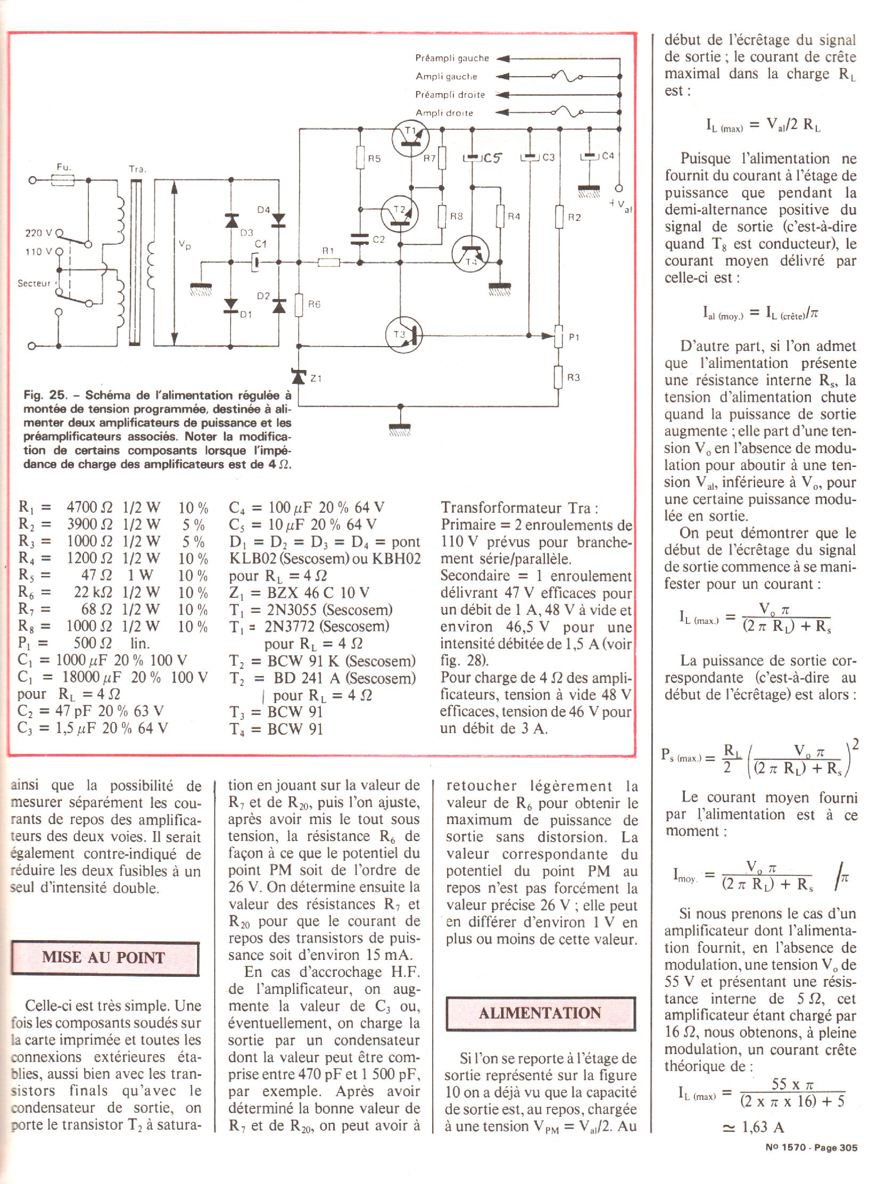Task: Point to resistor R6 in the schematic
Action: [299, 305]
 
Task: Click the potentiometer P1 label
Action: [574, 337]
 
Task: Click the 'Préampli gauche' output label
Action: [452, 59]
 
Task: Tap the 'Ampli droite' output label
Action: [444, 113]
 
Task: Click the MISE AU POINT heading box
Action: [105, 958]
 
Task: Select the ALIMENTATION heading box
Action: [540, 1013]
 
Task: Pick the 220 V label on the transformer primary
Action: [39, 233]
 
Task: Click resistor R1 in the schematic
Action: [329, 262]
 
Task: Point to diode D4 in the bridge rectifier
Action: [279, 219]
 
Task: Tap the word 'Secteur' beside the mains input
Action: [34, 283]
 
